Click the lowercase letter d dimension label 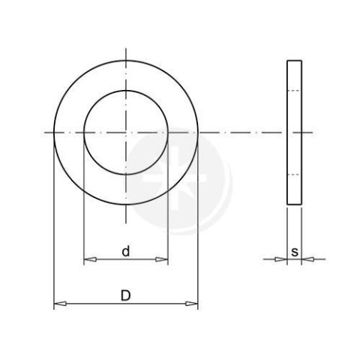(126, 251)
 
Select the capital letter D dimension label (126, 295)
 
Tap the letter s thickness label (295, 252)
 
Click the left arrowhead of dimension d (90, 259)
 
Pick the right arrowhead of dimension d (161, 259)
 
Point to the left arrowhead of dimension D (60, 304)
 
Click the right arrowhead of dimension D (191, 304)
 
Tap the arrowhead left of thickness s (280, 259)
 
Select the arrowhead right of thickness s (307, 259)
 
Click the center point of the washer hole (126, 133)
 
